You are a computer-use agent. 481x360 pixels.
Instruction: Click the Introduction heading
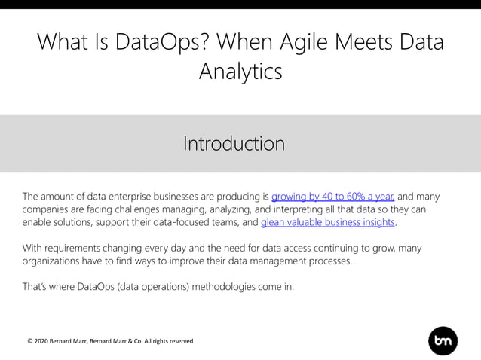234,143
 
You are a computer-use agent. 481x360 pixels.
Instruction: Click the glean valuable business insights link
328,223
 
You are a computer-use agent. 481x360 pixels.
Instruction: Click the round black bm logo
443,341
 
